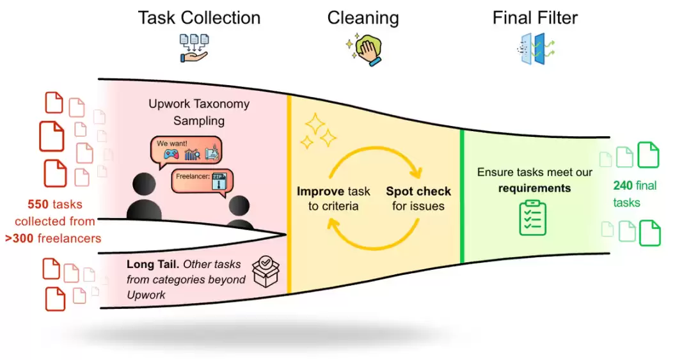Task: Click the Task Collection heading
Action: point(199,18)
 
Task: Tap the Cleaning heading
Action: point(363,19)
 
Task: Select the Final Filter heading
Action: point(535,18)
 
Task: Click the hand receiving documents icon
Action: point(194,48)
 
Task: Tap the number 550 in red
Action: point(38,205)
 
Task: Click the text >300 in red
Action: point(19,239)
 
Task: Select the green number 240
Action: point(623,185)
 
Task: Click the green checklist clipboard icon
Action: point(533,217)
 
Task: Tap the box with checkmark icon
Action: point(266,271)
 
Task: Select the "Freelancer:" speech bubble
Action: point(202,182)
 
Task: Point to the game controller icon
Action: point(171,155)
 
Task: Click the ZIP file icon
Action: point(219,181)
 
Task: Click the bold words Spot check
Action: point(418,191)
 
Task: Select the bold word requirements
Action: point(534,189)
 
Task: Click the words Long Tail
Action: point(152,264)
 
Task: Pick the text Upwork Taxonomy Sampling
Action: point(199,113)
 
